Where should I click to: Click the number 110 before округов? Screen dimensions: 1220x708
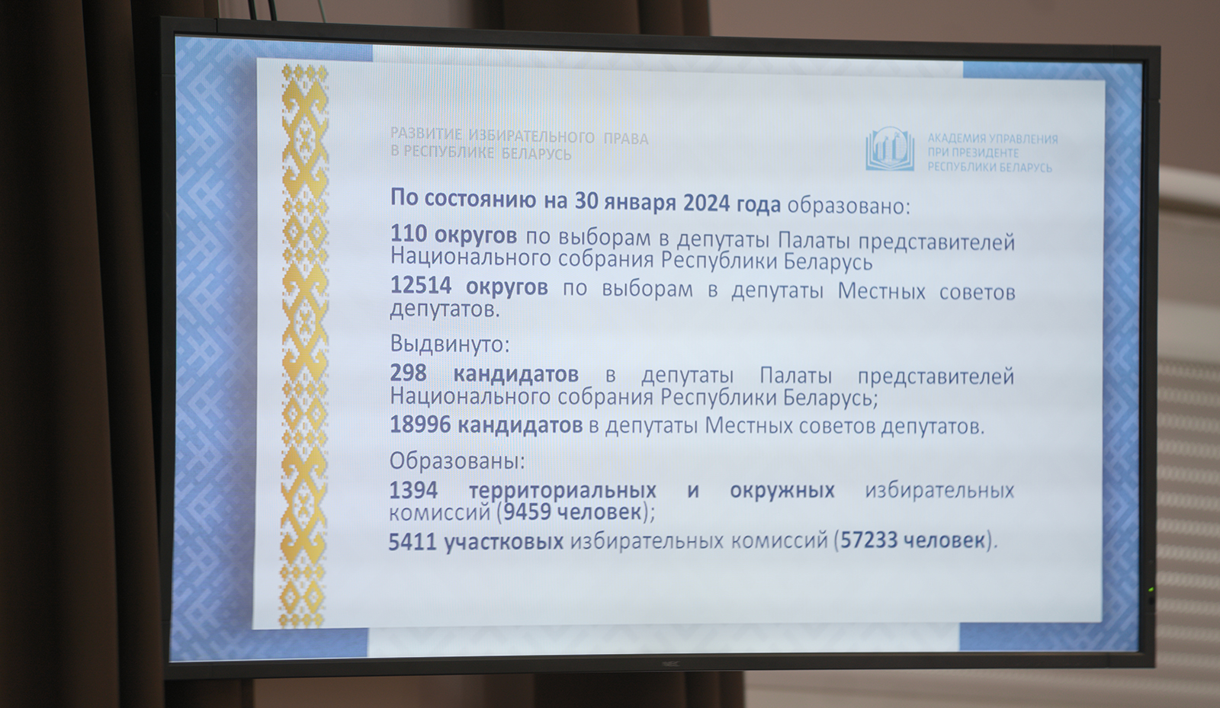409,234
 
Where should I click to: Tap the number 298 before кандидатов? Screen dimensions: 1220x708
409,373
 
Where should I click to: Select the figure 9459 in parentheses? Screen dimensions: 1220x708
528,511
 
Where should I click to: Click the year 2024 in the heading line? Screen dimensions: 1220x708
706,203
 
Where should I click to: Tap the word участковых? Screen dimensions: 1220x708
504,542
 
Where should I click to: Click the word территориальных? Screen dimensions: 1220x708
563,491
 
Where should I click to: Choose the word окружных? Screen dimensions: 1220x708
782,491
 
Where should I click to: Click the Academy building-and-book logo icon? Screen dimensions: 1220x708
890,149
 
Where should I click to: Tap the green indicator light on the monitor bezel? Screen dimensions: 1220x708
1151,589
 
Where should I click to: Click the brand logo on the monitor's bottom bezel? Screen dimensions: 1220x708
669,664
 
